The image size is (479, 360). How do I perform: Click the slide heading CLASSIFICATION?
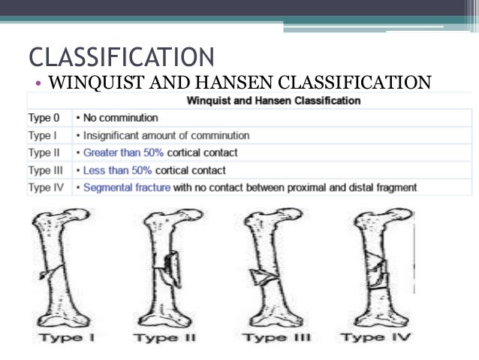(x=120, y=56)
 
